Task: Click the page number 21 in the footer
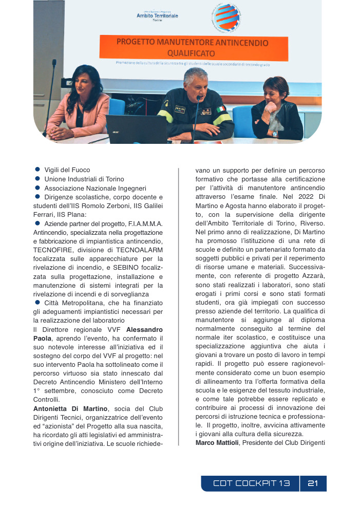point(313,483)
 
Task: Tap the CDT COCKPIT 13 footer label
point(252,483)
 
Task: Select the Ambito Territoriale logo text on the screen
point(157,16)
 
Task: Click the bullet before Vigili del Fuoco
point(37,170)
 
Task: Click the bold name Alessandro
point(145,329)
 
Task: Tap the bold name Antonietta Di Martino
point(70,408)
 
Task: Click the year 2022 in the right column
point(304,196)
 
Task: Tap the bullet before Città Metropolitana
point(37,303)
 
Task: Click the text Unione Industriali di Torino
point(84,179)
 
